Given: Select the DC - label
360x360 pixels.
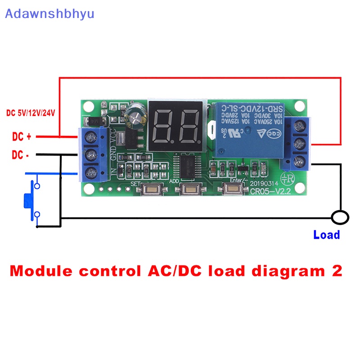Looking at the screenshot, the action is (21, 155).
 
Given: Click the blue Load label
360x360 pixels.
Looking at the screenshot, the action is (326, 234).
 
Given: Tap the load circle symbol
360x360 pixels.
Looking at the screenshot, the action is (340, 218).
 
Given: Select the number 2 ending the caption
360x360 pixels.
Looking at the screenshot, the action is (336, 271).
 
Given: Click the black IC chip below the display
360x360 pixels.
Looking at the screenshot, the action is (189, 167).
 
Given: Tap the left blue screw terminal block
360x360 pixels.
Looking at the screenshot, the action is (92, 153).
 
